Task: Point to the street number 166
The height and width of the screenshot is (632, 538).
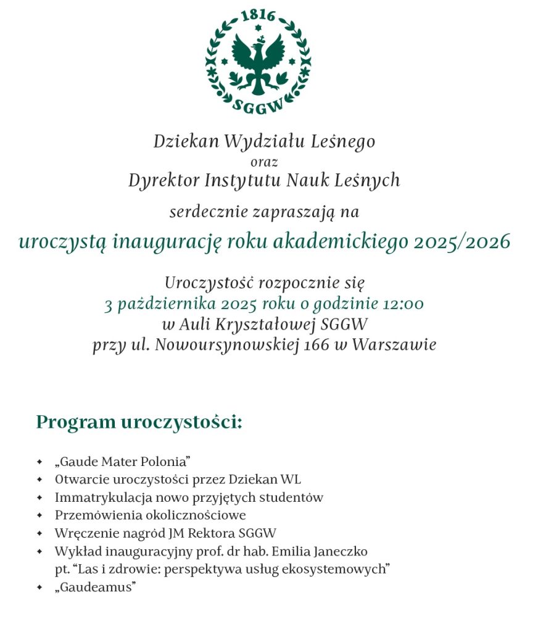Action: (x=317, y=344)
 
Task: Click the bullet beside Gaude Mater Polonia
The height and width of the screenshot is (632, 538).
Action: (x=39, y=462)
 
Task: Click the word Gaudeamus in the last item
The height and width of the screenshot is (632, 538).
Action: (x=95, y=587)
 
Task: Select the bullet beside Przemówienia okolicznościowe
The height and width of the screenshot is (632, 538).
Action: (x=39, y=515)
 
